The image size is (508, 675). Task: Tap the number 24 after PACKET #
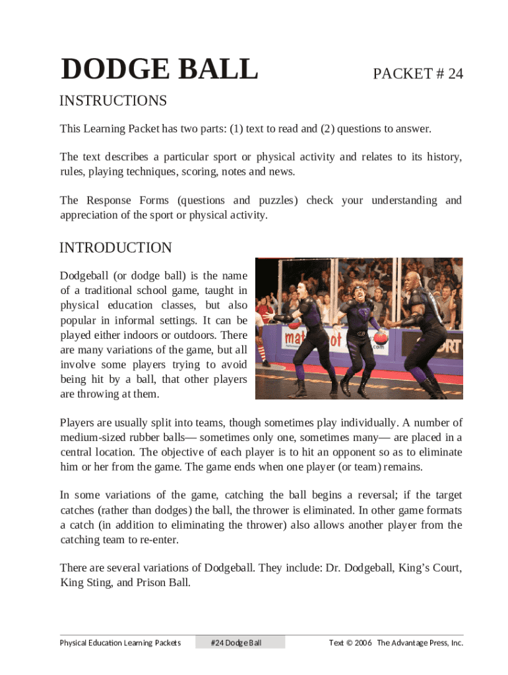pyautogui.click(x=455, y=74)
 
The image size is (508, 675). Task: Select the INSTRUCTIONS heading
pyautogui.click(x=113, y=101)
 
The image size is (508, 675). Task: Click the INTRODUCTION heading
pyautogui.click(x=115, y=248)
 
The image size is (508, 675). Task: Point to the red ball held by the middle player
pyautogui.click(x=381, y=339)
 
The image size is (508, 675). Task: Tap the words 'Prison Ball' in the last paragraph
pyautogui.click(x=165, y=582)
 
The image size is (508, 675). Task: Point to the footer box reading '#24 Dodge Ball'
pyautogui.click(x=239, y=643)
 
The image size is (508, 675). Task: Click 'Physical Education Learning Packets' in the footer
pyautogui.click(x=120, y=643)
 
